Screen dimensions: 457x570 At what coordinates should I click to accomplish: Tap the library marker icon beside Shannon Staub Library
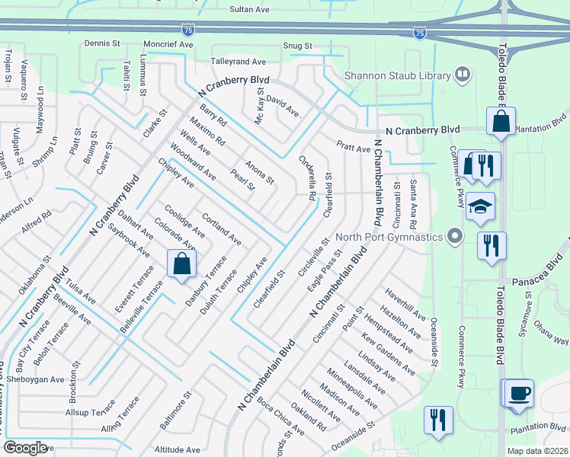point(462,75)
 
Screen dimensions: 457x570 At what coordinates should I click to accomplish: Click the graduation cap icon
point(481,206)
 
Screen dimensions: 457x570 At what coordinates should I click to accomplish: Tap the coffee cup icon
point(520,393)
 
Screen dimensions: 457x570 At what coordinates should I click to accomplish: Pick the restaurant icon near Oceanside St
point(438,420)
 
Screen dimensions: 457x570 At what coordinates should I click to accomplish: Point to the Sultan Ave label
point(250,9)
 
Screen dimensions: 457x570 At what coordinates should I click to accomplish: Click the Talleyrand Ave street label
point(238,61)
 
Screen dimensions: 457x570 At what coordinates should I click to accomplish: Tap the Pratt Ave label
point(353,145)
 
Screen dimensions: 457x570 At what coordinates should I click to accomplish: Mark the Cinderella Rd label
point(308,178)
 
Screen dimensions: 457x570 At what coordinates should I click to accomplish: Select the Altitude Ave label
point(177,449)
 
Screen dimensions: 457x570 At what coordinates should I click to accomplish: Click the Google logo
point(25,447)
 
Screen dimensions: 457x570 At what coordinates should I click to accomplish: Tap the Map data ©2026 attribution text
point(536,451)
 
